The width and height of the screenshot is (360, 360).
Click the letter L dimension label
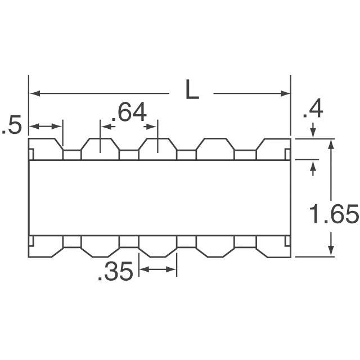pos(192,89)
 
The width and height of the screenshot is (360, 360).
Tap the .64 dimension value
pos(129,112)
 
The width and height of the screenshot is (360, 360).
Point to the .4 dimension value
pos(313,110)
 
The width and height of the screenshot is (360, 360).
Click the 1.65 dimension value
pos(334,214)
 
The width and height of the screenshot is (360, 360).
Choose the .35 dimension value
pos(115,271)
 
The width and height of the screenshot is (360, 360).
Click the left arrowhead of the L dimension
pos(35,93)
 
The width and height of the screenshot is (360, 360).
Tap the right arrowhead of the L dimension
pos(285,93)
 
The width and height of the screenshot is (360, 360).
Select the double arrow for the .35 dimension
pos(157,269)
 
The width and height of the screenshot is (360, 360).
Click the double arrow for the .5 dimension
pos(46,126)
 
